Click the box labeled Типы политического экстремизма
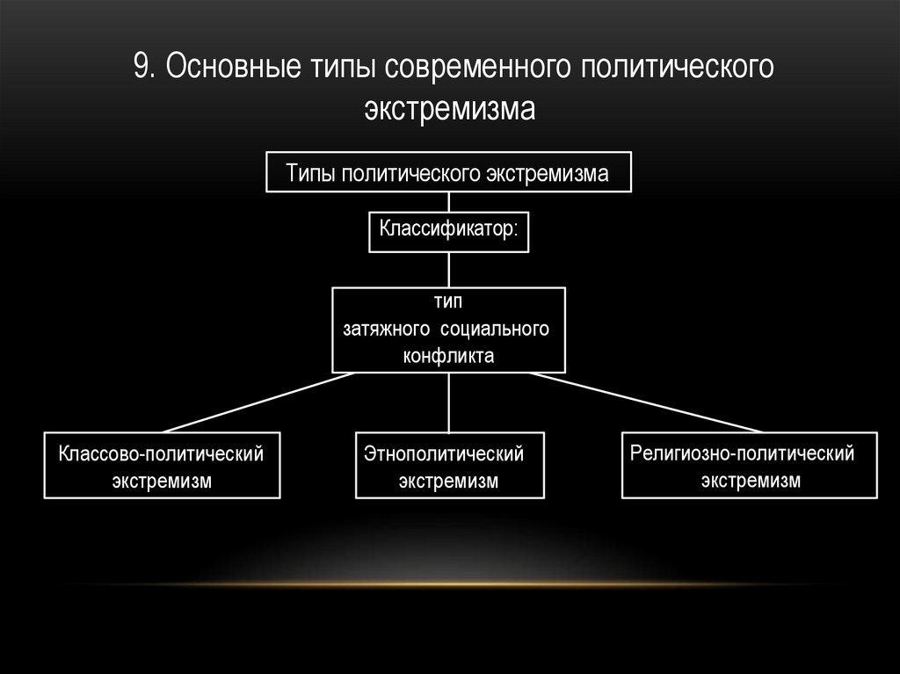[x=449, y=172]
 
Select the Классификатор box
[x=449, y=230]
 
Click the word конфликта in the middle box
[x=449, y=356]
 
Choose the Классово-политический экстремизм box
[x=162, y=467]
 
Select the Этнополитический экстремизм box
[x=449, y=467]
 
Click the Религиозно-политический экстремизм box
[x=750, y=467]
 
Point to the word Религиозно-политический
[x=743, y=453]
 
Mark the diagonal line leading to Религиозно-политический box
[x=646, y=402]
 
